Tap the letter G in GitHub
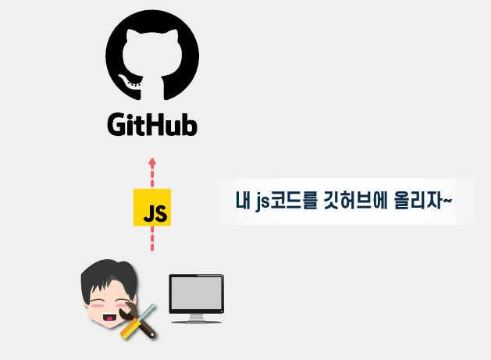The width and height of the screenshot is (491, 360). tap(118, 125)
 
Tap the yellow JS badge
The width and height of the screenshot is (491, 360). tap(152, 208)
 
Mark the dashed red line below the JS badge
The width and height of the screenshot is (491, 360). tap(152, 240)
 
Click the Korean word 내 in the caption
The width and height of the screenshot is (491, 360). tap(244, 201)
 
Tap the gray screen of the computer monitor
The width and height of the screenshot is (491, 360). tap(197, 295)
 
